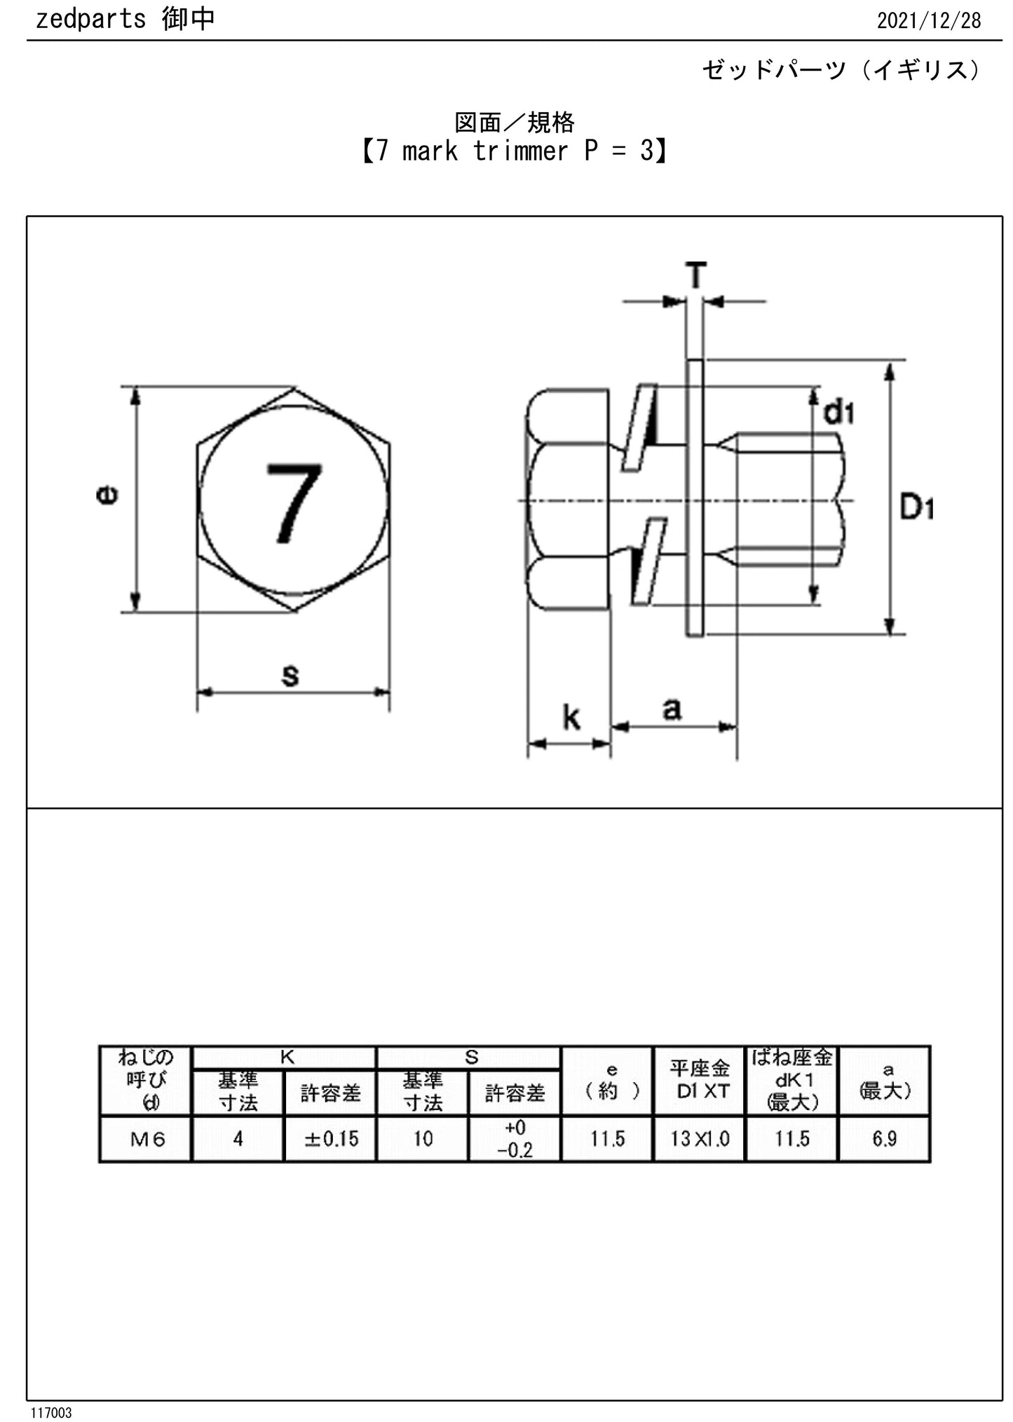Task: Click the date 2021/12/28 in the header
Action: click(x=928, y=20)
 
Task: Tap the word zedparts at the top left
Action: click(x=90, y=19)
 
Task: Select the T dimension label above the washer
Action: click(x=695, y=275)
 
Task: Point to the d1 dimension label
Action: click(x=838, y=413)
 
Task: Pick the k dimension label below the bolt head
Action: click(x=571, y=718)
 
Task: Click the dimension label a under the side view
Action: click(x=672, y=709)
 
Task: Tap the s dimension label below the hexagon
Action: click(x=290, y=674)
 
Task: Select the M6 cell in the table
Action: click(x=147, y=1139)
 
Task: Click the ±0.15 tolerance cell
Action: click(x=331, y=1139)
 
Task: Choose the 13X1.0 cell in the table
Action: click(x=700, y=1139)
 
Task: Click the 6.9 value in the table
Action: click(x=885, y=1139)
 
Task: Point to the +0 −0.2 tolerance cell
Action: click(x=515, y=1139)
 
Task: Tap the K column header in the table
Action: click(x=287, y=1058)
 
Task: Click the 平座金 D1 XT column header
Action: click(x=700, y=1080)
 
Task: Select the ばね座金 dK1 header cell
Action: click(x=792, y=1080)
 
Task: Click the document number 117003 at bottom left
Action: click(x=50, y=1412)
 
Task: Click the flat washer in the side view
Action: click(x=695, y=498)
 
